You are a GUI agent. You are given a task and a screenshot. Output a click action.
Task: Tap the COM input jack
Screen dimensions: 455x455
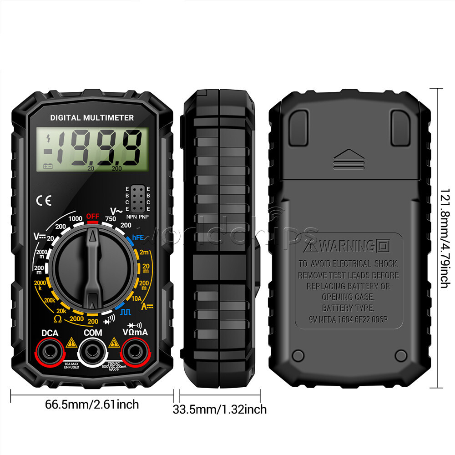coord(93,351)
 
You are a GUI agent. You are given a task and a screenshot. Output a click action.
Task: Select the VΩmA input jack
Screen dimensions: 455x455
coord(135,351)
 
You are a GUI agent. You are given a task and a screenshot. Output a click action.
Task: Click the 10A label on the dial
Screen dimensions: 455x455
coord(136,298)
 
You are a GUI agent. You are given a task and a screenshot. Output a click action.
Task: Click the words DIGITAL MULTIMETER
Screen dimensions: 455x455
coord(92,118)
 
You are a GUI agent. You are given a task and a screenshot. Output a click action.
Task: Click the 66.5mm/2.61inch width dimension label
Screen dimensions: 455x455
coord(92,404)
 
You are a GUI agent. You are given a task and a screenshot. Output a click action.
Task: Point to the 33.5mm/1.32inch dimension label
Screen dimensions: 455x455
coord(220,409)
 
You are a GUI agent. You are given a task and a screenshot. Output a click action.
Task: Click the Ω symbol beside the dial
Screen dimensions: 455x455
coord(58,318)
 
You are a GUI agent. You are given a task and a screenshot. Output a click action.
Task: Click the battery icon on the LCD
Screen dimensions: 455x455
coord(48,167)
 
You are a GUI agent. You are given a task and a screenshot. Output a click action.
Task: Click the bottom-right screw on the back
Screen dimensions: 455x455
coord(401,355)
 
